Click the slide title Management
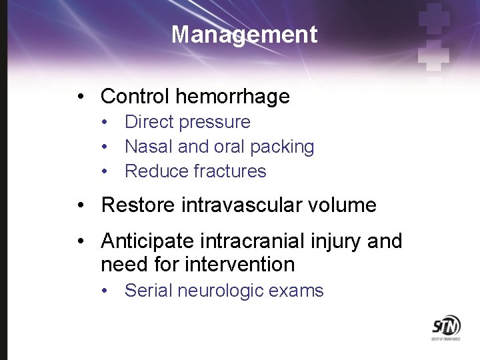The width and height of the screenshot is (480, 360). [244, 35]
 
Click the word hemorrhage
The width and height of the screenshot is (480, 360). [233, 97]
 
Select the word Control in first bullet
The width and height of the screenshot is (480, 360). [135, 97]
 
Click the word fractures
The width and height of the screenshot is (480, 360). [229, 171]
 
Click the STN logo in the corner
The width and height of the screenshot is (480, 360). [445, 329]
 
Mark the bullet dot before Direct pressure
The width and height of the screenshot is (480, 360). [105, 123]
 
